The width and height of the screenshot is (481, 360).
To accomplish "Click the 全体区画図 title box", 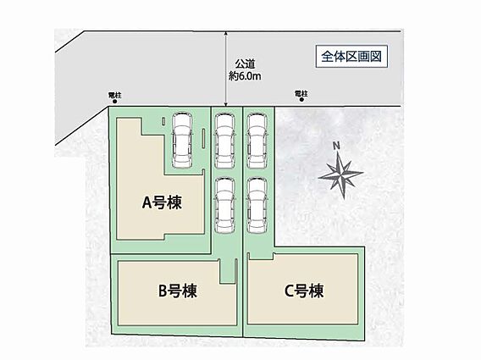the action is tap(351, 57).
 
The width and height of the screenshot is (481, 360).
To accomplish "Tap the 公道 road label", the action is tap(245, 64).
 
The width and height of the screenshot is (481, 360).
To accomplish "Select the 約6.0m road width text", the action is tap(245, 75).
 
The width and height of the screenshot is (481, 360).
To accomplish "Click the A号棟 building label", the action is tap(162, 202).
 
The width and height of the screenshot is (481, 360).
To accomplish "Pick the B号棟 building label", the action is tap(177, 291).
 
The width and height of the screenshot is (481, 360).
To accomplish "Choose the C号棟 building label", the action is tap(304, 291).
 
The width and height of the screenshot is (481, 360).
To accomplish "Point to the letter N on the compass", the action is tap(336, 146).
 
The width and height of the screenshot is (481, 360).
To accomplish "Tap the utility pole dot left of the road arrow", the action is tap(114, 102).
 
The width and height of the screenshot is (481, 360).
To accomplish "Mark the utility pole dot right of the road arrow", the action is tap(301, 99).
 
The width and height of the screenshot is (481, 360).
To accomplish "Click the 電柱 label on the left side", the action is tap(115, 95).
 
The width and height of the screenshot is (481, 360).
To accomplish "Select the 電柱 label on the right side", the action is tap(301, 93).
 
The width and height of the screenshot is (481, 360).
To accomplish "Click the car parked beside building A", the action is tap(182, 141).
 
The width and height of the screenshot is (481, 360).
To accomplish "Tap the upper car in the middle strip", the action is tap(225, 141).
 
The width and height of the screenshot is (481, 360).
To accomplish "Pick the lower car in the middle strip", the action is tap(225, 205).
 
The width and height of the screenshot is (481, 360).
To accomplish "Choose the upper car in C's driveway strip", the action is tap(257, 141).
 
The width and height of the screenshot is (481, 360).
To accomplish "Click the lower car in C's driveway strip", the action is tap(257, 205).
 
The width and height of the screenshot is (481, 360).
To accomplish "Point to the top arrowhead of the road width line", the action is tap(226, 33).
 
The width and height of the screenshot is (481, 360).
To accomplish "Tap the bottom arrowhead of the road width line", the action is tap(226, 104).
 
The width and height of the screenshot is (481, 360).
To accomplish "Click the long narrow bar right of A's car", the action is tap(204, 140).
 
